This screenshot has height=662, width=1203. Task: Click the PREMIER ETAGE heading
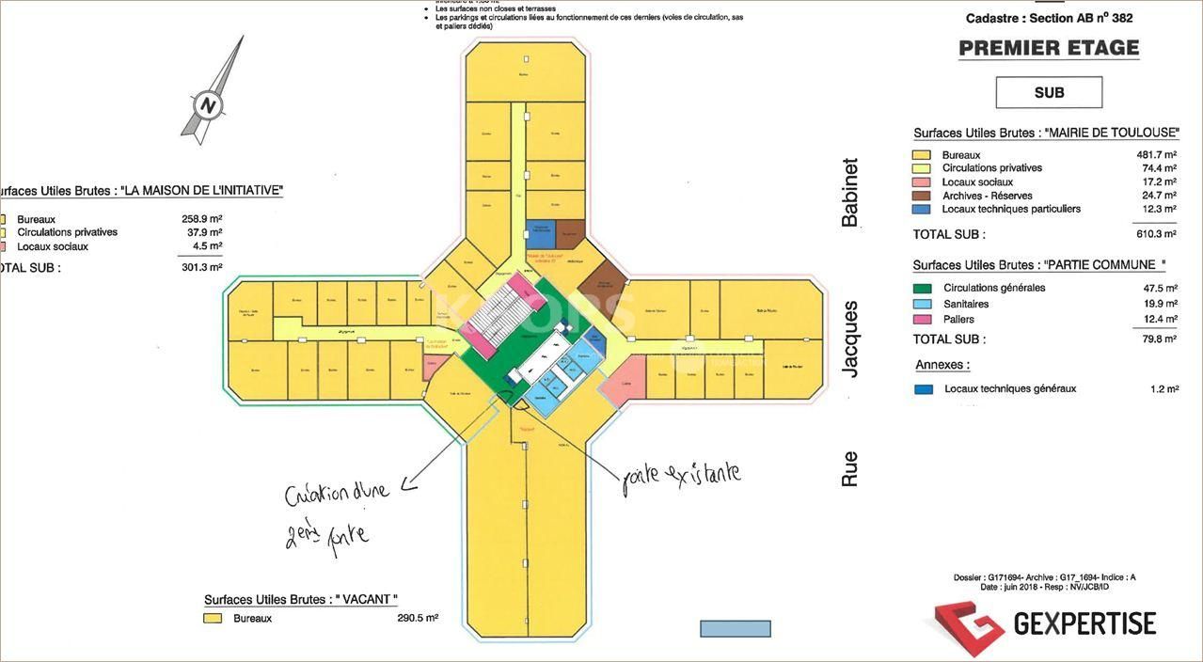tap(1049, 48)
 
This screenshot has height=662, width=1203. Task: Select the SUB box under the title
tap(1049, 92)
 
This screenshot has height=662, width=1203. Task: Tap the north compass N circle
tap(208, 103)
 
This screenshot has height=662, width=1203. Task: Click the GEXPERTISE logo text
tap(1084, 623)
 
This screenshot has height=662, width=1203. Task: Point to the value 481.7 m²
tap(1156, 155)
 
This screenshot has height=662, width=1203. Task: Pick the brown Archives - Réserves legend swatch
tap(922, 196)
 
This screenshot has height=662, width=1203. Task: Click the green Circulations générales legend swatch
tap(923, 289)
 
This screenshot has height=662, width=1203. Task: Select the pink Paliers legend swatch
tap(923, 320)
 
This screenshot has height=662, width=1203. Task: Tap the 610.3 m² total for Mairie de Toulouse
tap(1156, 234)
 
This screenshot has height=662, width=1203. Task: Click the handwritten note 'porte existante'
tap(682, 475)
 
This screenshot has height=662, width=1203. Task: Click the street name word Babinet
tap(850, 192)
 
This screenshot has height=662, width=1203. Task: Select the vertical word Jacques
tap(850, 339)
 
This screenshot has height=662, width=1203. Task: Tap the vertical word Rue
tap(850, 468)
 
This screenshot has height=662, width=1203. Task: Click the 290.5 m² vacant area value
tap(418, 619)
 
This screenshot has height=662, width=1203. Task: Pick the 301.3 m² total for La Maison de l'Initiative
tap(201, 268)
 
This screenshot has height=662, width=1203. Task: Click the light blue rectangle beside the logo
tap(735, 628)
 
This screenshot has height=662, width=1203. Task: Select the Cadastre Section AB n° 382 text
tap(1049, 19)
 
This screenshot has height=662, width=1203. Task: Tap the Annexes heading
tap(942, 365)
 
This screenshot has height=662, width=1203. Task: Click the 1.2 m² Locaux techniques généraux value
tap(1163, 389)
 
